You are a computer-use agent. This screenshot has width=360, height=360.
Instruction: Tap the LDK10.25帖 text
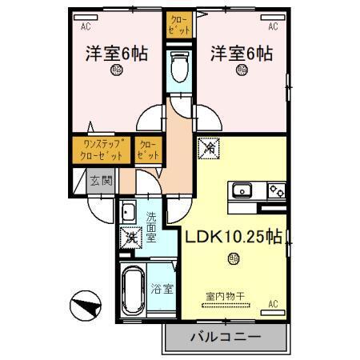[x=234, y=237]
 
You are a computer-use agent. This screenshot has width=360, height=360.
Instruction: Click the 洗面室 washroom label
[x=150, y=226]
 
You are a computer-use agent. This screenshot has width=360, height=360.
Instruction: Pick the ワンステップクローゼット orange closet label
[x=102, y=149]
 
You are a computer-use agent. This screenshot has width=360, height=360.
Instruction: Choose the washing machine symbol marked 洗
[x=128, y=238]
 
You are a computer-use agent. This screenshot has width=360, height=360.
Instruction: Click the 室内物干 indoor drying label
[x=226, y=296]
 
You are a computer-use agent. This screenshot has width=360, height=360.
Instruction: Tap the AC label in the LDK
[x=273, y=304]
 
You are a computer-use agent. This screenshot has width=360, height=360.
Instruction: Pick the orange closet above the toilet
[x=179, y=25]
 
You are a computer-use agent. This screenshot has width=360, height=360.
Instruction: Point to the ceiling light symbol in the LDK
[x=233, y=258]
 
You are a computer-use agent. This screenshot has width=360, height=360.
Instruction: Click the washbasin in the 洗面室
[x=128, y=213]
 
